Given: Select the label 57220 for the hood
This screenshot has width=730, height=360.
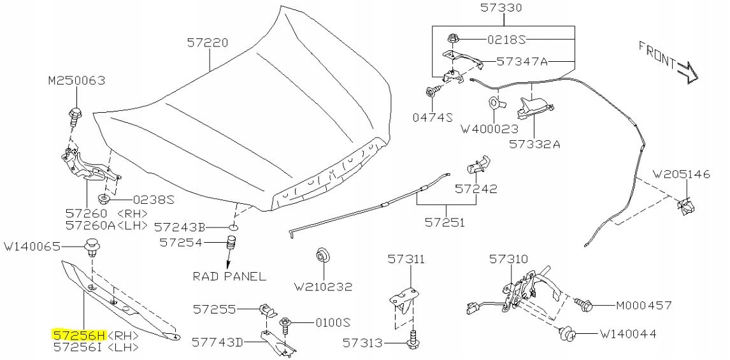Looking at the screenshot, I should click(x=208, y=43).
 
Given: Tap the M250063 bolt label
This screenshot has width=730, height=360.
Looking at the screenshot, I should click(x=76, y=81).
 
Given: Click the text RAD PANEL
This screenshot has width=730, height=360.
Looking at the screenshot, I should click(x=229, y=277).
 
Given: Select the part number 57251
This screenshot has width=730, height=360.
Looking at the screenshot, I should click(x=445, y=222).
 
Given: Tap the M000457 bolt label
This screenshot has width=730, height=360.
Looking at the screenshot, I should click(x=644, y=305).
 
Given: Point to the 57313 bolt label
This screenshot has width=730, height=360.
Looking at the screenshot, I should click(x=362, y=343).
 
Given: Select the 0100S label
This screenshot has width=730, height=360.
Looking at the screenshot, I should click(x=333, y=322).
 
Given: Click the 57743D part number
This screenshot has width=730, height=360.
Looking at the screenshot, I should click(x=218, y=343).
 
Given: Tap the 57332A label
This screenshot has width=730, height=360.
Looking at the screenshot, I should click(x=534, y=144).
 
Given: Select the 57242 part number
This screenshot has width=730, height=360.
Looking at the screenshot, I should click(x=476, y=189).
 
